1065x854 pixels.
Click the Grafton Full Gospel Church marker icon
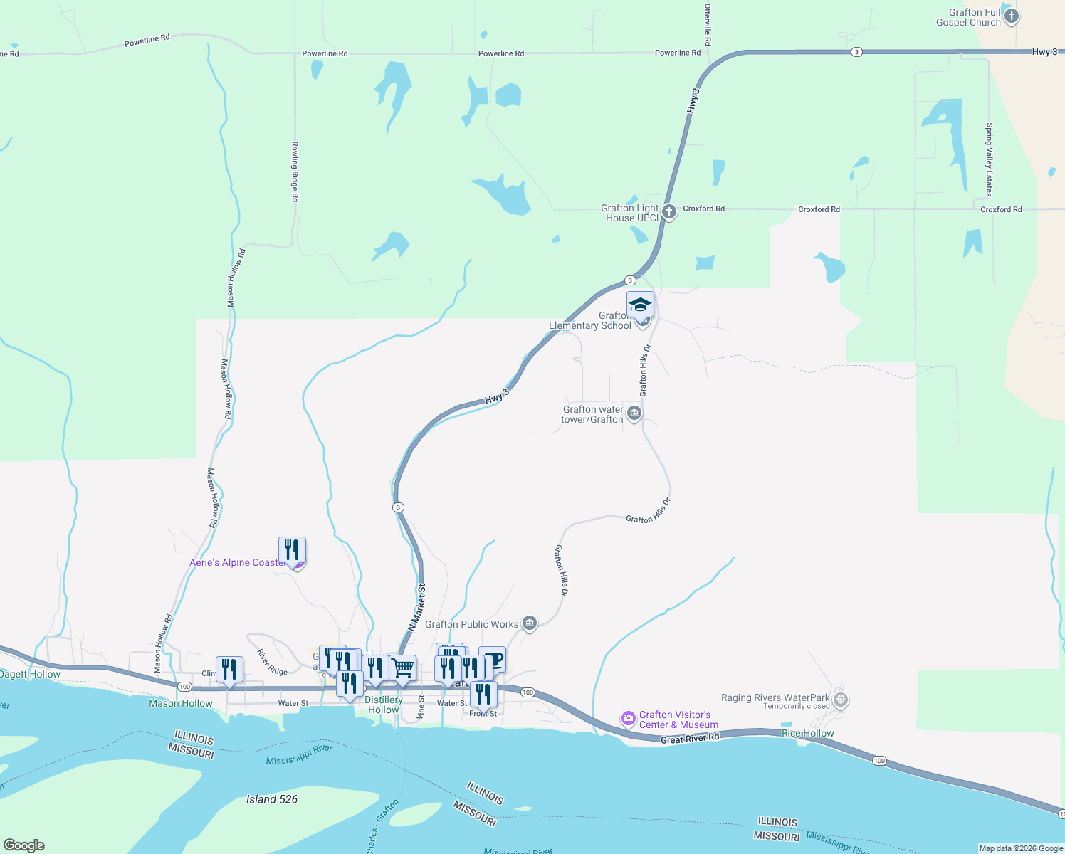click(x=1011, y=16)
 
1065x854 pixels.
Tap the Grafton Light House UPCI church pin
click(x=668, y=212)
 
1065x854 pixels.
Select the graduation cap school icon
click(x=640, y=305)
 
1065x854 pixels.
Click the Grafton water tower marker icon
click(x=634, y=413)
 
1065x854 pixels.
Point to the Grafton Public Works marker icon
click(x=529, y=624)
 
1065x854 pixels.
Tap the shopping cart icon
click(x=402, y=668)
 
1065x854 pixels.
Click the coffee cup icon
click(x=493, y=659)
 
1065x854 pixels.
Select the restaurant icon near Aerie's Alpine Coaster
click(x=292, y=549)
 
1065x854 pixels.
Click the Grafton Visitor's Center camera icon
click(x=628, y=718)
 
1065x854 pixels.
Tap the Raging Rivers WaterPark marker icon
click(x=841, y=700)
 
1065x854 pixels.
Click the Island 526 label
click(x=272, y=799)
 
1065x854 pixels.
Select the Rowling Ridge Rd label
click(x=295, y=172)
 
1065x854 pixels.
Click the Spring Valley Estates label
click(x=989, y=159)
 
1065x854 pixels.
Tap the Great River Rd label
click(x=689, y=739)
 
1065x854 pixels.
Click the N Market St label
click(x=417, y=607)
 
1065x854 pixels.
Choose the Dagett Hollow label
click(x=30, y=674)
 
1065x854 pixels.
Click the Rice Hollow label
click(x=807, y=733)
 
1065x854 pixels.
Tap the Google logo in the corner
click(x=24, y=845)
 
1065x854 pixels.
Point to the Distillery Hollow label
click(x=384, y=705)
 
